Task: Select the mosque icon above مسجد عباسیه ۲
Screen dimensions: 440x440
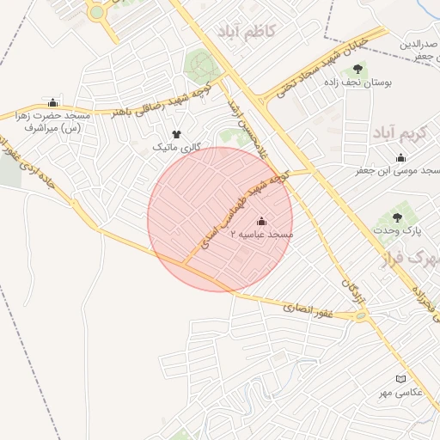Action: pyautogui.click(x=262, y=221)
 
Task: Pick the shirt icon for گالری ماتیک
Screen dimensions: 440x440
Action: pyautogui.click(x=177, y=135)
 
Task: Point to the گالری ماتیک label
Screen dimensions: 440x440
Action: pyautogui.click(x=176, y=148)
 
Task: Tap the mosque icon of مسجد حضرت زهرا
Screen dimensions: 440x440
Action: pyautogui.click(x=54, y=102)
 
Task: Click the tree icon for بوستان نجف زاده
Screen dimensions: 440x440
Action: pyautogui.click(x=357, y=68)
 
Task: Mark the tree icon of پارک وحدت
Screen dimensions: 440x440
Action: pyautogui.click(x=397, y=217)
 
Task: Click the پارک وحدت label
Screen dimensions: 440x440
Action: pyautogui.click(x=401, y=230)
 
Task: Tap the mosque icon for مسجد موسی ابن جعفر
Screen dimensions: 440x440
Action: pyautogui.click(x=400, y=157)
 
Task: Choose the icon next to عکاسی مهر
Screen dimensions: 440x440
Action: pyautogui.click(x=400, y=379)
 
